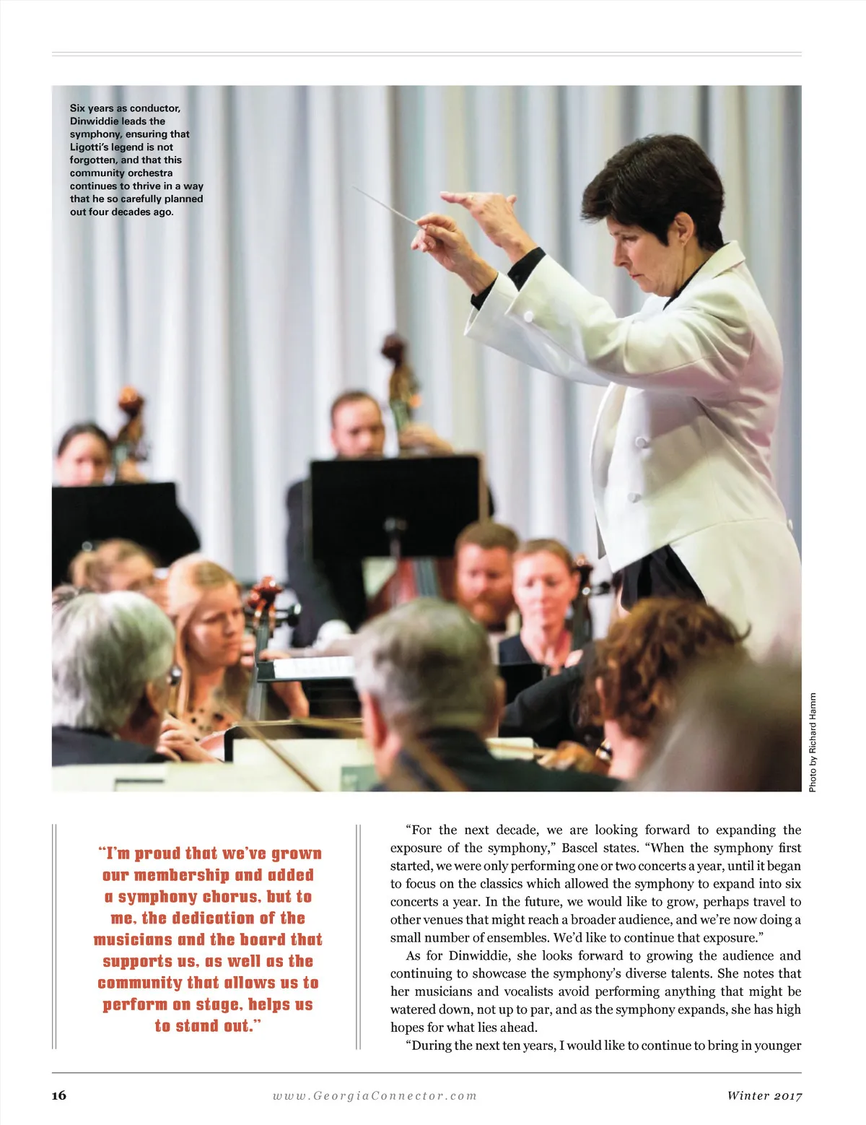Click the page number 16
point(59,1095)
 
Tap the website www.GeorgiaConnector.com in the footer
point(375,1095)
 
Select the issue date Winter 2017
point(764,1095)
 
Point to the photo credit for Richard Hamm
point(813,742)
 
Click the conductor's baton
point(386,205)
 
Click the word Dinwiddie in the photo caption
point(95,121)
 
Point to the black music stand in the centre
point(395,498)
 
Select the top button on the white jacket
point(638,441)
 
